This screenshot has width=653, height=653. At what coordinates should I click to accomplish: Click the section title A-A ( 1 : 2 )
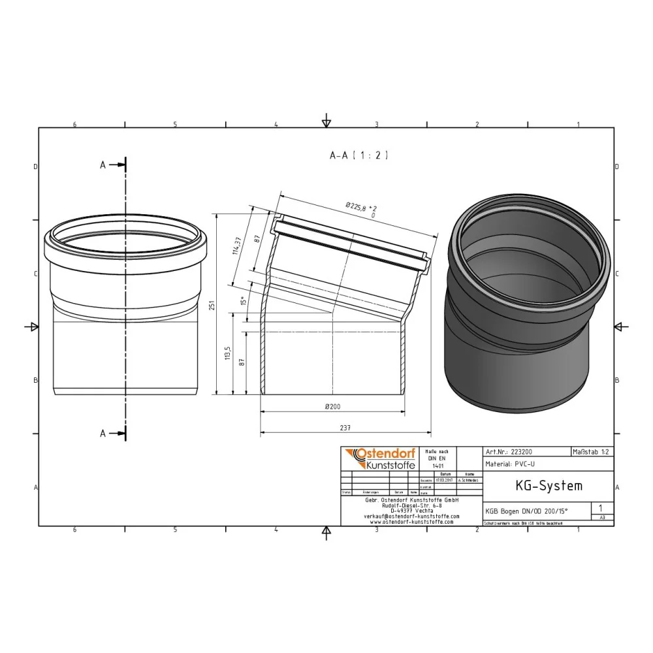(x=358, y=155)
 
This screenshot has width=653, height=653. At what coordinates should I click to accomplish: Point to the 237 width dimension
(x=345, y=428)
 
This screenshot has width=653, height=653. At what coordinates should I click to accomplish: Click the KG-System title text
(x=539, y=486)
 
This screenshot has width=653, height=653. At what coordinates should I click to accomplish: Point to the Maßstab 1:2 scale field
(x=592, y=451)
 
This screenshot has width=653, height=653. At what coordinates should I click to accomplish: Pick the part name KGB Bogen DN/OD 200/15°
(x=526, y=512)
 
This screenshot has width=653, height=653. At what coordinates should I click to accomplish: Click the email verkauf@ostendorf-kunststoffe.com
(x=411, y=516)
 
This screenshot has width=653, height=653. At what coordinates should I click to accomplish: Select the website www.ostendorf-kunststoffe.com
(x=411, y=522)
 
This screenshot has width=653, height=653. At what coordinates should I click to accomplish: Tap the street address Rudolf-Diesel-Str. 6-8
(x=411, y=505)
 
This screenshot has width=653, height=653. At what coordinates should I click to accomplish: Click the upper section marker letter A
(x=103, y=166)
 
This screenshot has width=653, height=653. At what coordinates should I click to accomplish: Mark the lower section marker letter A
(x=103, y=433)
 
